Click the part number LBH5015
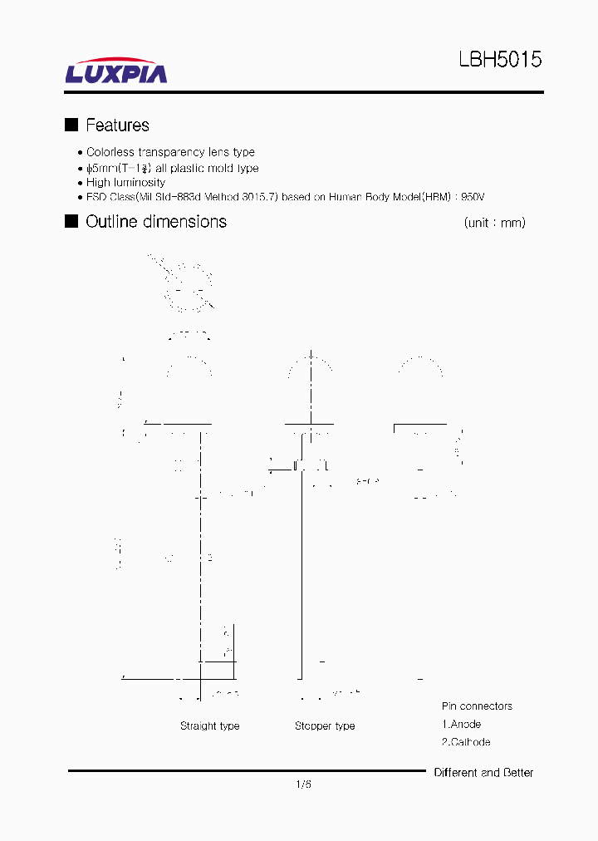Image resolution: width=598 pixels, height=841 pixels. (x=500, y=61)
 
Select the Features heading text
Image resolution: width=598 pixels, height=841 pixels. (x=117, y=125)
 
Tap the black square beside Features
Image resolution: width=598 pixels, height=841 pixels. (x=71, y=125)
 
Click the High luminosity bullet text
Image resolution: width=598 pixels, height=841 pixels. (x=125, y=183)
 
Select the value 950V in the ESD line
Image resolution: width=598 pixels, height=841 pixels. (x=472, y=198)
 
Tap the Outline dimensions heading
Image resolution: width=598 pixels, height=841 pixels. (x=156, y=222)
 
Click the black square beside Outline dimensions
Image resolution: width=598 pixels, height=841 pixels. (x=71, y=221)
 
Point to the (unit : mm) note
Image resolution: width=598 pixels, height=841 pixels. (x=494, y=223)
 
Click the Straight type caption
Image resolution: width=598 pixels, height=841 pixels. (x=209, y=726)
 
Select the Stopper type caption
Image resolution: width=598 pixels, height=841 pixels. (x=325, y=726)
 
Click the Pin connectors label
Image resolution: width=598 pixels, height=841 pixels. (x=477, y=706)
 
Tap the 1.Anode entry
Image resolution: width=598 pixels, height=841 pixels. (x=461, y=725)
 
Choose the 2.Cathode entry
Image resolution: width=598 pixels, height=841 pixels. (x=465, y=742)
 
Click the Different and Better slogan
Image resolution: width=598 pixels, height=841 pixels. (x=483, y=773)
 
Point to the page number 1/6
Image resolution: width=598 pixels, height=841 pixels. (x=303, y=784)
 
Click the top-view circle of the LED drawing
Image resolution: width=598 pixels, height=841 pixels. (x=189, y=288)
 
